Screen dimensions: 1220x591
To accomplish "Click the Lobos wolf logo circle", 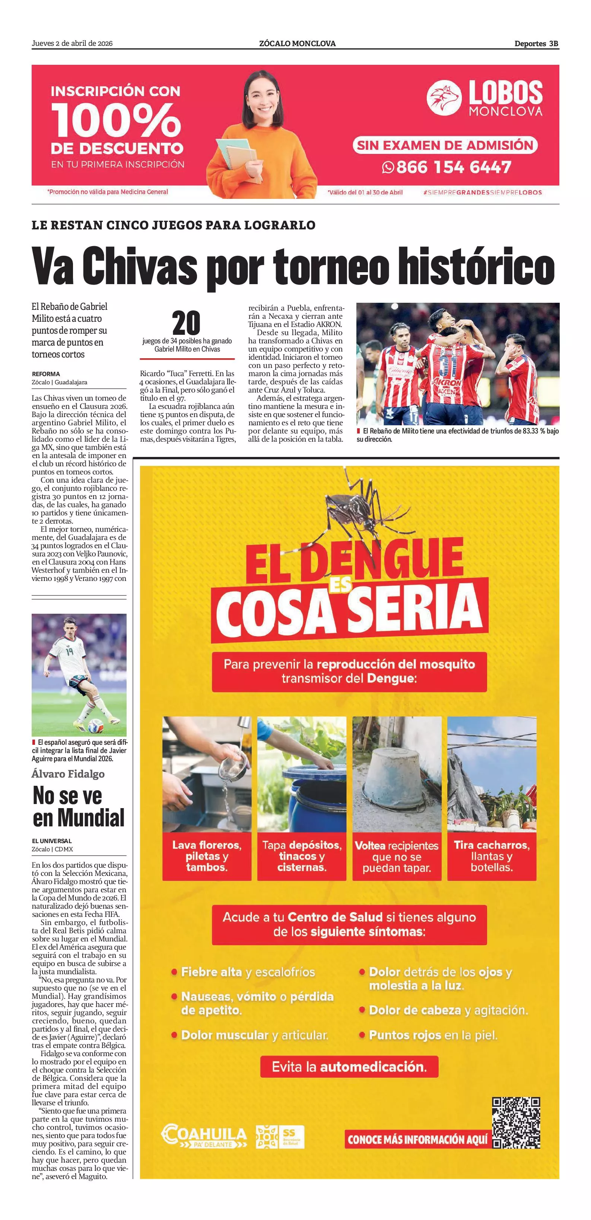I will pyautogui.click(x=444, y=98).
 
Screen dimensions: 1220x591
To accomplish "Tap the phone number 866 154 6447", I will pyautogui.click(x=453, y=167).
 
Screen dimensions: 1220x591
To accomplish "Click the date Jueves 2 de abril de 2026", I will pyautogui.click(x=72, y=44).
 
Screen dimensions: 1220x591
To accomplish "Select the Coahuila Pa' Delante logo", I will pyautogui.click(x=204, y=1137).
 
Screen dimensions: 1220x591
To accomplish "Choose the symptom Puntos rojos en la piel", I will pyautogui.click(x=433, y=1035).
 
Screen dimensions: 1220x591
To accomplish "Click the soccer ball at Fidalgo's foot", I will pyautogui.click(x=96, y=727).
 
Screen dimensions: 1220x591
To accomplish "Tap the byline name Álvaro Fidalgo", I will pyautogui.click(x=68, y=774).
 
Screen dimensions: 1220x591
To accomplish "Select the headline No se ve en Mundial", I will pyautogui.click(x=78, y=807).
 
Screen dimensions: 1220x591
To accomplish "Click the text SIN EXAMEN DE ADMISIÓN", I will pyautogui.click(x=445, y=145).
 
